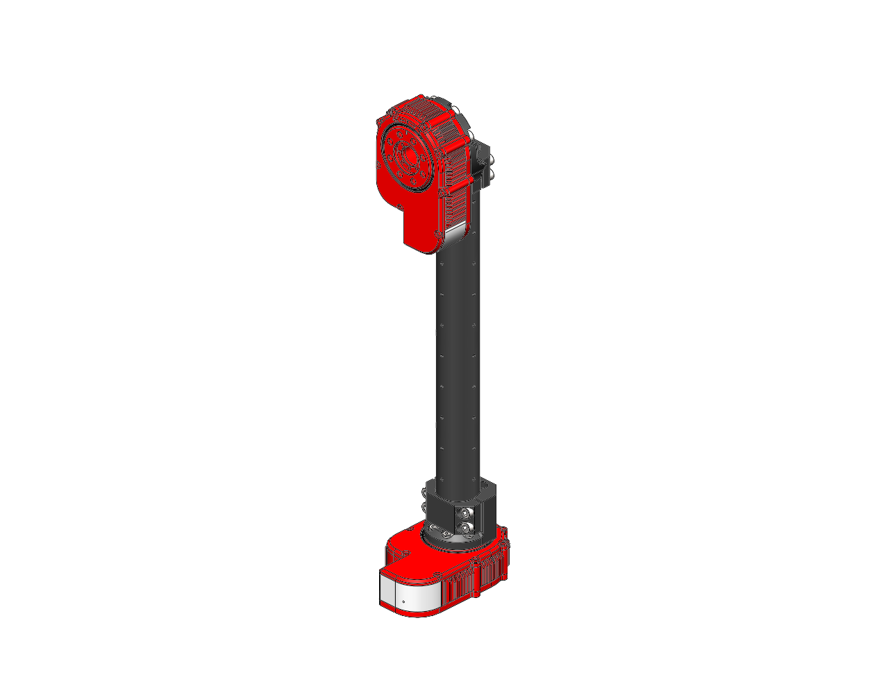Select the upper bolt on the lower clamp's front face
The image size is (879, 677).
click(466, 513)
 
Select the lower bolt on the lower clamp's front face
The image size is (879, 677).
click(466, 529)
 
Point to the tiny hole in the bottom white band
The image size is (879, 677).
click(403, 601)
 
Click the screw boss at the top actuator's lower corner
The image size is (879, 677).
click(438, 234)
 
